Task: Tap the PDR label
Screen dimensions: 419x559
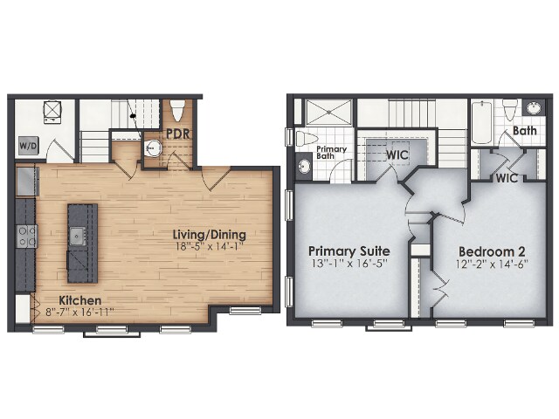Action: pos(179,134)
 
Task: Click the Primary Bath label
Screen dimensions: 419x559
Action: pos(331,151)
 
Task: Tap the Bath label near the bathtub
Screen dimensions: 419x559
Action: pos(525,131)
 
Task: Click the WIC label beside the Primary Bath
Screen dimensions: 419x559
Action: pos(398,155)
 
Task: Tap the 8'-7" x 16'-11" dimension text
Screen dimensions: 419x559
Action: pos(79,312)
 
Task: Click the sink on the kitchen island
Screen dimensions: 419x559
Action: pos(79,234)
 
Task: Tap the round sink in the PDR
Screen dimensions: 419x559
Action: pos(154,148)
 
